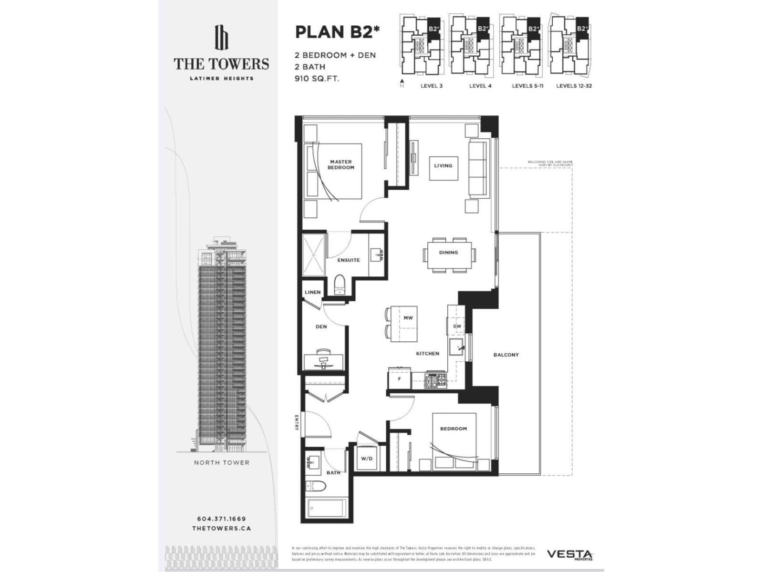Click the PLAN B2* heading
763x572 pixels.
coord(338,32)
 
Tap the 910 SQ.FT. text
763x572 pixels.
coord(317,79)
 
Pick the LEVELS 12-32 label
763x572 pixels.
coord(574,86)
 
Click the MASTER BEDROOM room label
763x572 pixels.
coord(341,165)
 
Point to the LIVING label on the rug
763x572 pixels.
coord(443,166)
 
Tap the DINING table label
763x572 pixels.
coord(448,253)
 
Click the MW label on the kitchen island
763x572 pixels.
coord(408,318)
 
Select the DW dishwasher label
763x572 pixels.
coord(457,327)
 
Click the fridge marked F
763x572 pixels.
coord(400,379)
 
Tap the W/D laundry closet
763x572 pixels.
coord(366,459)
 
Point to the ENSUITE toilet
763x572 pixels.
coord(340,285)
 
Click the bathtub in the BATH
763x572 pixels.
coord(326,510)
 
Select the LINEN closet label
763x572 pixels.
coord(313,292)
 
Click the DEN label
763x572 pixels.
coord(321,327)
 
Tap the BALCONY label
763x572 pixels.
coord(506,355)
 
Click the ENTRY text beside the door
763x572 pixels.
coord(297,422)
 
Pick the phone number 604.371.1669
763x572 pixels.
coord(221,519)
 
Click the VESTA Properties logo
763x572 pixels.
coord(569,555)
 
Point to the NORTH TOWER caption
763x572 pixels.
coord(221,462)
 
